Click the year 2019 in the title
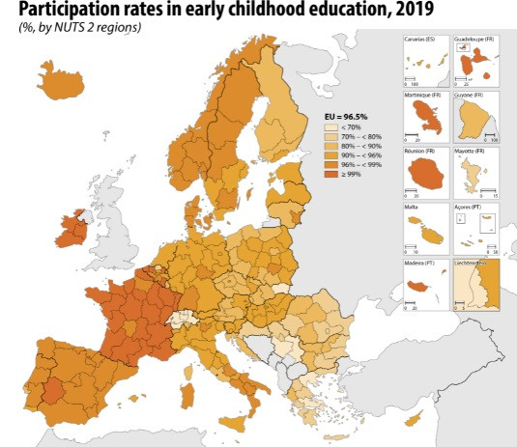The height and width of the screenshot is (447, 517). pos(385,9)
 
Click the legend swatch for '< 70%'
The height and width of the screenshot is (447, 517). pos(331,127)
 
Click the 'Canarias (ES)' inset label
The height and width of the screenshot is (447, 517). pos(419,40)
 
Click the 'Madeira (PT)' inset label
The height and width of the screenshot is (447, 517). pos(420,262)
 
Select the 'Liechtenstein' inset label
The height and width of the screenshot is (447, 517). pos(474,262)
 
